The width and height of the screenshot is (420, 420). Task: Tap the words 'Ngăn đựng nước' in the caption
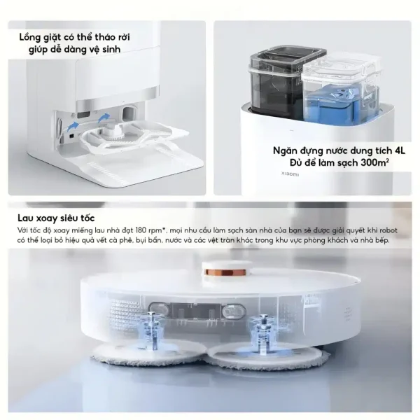pos(307,148)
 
